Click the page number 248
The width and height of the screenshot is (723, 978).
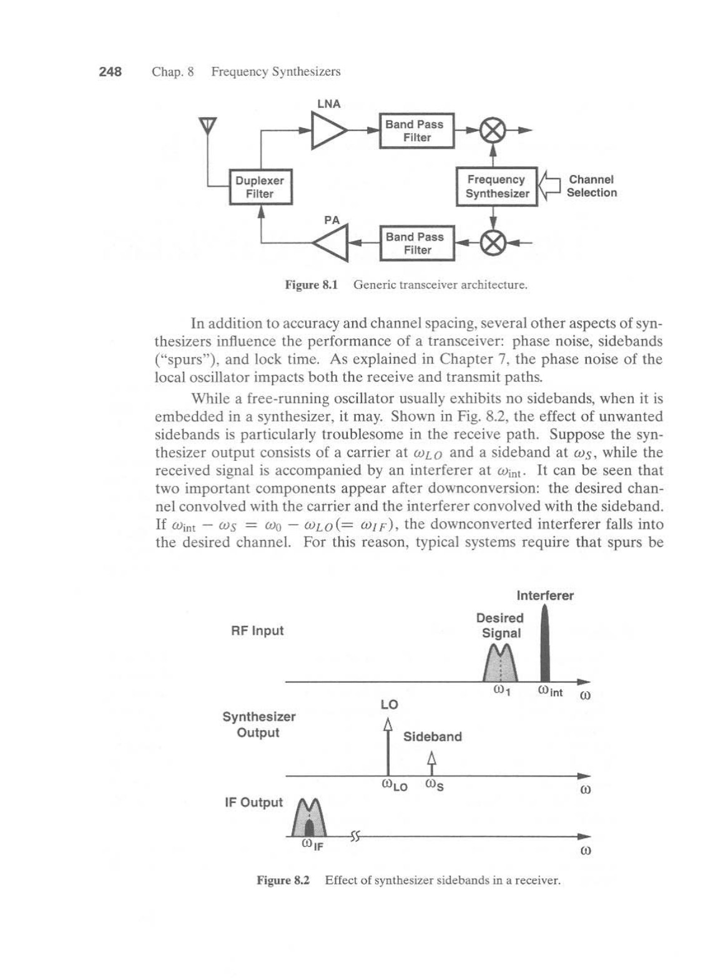point(110,72)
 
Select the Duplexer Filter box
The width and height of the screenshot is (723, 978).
point(260,187)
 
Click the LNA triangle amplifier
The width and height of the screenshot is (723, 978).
point(328,131)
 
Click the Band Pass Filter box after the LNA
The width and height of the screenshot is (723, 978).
point(416,131)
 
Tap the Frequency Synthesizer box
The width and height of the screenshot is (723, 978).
point(496,186)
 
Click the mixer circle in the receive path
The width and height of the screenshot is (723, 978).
point(493,131)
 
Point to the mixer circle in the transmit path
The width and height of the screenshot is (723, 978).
point(493,243)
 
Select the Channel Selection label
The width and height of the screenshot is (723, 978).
point(591,186)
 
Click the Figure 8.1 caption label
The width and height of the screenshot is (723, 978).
point(311,285)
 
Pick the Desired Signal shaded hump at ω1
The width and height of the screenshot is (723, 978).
point(501,664)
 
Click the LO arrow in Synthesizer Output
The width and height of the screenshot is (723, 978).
point(388,746)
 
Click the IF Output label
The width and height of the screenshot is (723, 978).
point(253,803)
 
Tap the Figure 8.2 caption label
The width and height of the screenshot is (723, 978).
point(283,881)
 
